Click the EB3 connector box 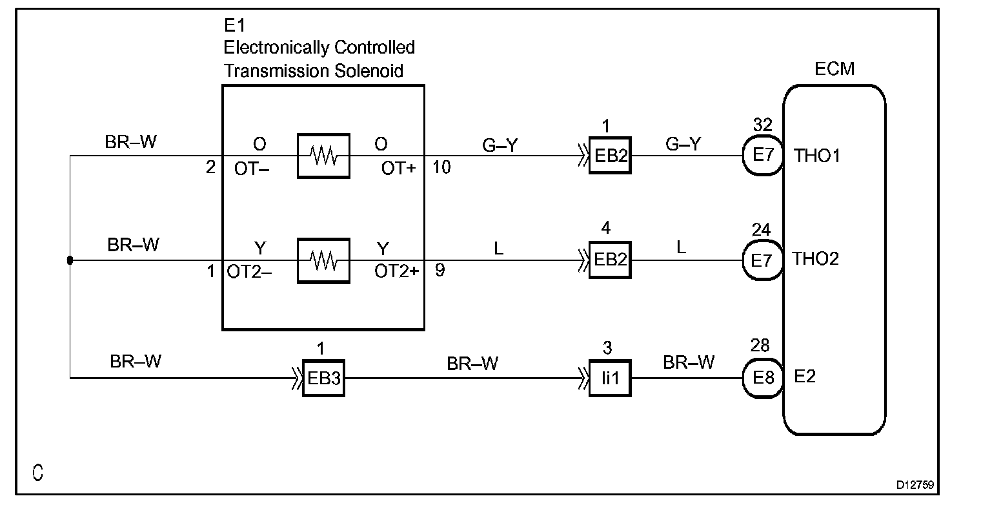tap(323, 378)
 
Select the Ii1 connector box tap(610, 378)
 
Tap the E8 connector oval tap(763, 378)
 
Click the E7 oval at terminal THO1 tap(763, 156)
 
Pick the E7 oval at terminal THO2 tap(763, 260)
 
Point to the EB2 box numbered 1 tap(610, 156)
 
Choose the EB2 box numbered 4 tap(610, 260)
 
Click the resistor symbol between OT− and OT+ tap(323, 156)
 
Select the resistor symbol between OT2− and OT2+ tap(323, 261)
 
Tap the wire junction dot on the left tap(70, 260)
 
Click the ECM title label tap(834, 68)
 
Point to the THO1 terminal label tap(817, 156)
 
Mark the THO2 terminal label tap(816, 259)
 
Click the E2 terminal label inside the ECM tap(805, 377)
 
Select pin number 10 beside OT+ tap(441, 167)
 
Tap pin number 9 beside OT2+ tap(440, 271)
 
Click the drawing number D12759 tap(915, 485)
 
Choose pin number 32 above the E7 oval tap(762, 125)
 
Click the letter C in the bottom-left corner tap(38, 473)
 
